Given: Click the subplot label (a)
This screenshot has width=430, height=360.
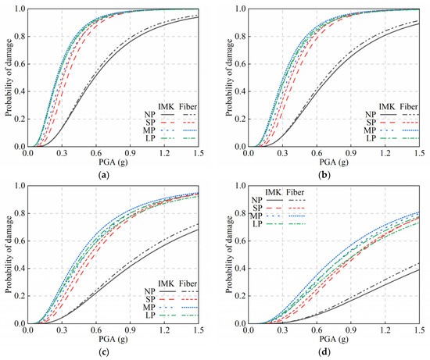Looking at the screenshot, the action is [x=104, y=175].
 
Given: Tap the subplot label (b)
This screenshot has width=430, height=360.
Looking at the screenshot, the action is [x=324, y=175].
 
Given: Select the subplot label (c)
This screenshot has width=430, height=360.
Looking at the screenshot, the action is [x=104, y=351].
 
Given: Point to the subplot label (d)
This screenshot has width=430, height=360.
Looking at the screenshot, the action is [x=324, y=351].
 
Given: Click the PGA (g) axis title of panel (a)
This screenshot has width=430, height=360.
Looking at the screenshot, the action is [x=113, y=162].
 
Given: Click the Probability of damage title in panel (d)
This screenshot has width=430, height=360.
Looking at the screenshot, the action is [x=230, y=255].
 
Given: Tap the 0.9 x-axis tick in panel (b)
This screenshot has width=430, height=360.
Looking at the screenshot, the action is [x=351, y=153].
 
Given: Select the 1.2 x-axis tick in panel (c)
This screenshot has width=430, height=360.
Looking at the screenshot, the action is [x=164, y=330].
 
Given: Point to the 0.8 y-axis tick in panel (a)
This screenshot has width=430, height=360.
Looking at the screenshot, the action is [x=20, y=37].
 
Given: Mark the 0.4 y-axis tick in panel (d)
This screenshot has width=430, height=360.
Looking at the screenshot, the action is [x=241, y=269].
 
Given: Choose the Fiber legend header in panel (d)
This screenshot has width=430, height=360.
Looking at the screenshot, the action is [x=296, y=192].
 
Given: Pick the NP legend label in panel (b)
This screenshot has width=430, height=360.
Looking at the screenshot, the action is [x=371, y=115].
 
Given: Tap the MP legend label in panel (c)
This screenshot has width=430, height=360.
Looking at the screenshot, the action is [x=149, y=307].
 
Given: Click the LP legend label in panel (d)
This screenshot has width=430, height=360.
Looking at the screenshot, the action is [x=257, y=224].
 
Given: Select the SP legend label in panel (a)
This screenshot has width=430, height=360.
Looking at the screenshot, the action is [x=151, y=122].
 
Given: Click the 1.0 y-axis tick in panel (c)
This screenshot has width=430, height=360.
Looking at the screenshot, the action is [x=20, y=186].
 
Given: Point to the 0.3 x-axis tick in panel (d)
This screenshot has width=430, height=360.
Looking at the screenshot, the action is [x=282, y=330].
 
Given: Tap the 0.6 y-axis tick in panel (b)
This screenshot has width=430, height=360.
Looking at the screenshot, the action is [x=241, y=64].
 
